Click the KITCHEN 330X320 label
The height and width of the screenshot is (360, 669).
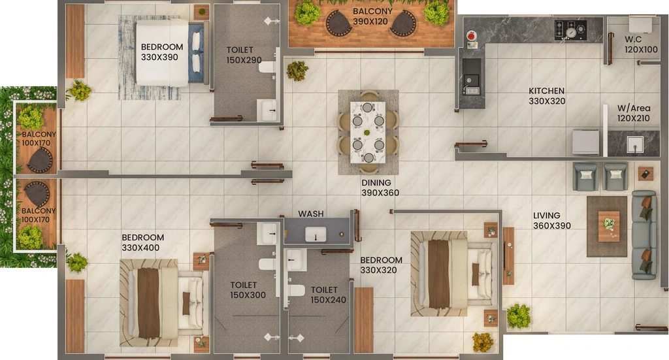547,96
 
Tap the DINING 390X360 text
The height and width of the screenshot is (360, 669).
380,188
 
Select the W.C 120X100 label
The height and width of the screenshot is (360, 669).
642,44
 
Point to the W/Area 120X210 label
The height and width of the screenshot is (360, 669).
634,113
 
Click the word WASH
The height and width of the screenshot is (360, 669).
310,214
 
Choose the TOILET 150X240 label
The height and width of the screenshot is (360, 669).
328,295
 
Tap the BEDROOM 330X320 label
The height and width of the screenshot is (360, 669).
381,265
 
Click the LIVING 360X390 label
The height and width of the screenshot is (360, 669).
551,221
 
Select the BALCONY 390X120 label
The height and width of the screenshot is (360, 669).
372,16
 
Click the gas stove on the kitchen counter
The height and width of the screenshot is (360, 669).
570,30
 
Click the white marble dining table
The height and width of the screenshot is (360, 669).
368,132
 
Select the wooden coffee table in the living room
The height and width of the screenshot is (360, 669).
609,226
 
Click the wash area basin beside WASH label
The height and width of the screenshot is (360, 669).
316,234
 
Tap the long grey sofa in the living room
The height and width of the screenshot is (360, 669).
644,235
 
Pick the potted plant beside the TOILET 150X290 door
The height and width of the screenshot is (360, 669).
297,71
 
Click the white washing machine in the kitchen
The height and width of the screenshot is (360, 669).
585,142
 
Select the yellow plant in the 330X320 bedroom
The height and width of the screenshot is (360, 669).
483,342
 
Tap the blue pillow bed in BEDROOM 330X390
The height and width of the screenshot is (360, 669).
171,53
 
